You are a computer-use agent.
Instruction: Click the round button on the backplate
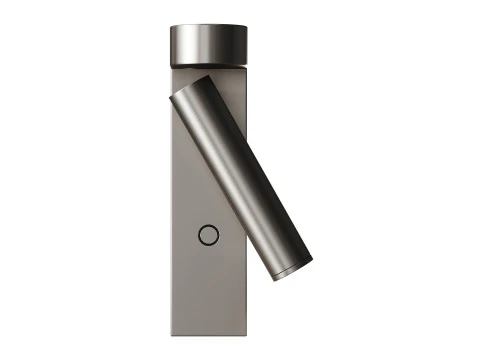pyautogui.click(x=208, y=236)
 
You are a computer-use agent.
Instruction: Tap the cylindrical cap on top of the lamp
pyautogui.click(x=207, y=46)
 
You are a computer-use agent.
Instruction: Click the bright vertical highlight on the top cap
pyautogui.click(x=190, y=46)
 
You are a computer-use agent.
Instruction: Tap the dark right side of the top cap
pyautogui.click(x=240, y=46)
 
